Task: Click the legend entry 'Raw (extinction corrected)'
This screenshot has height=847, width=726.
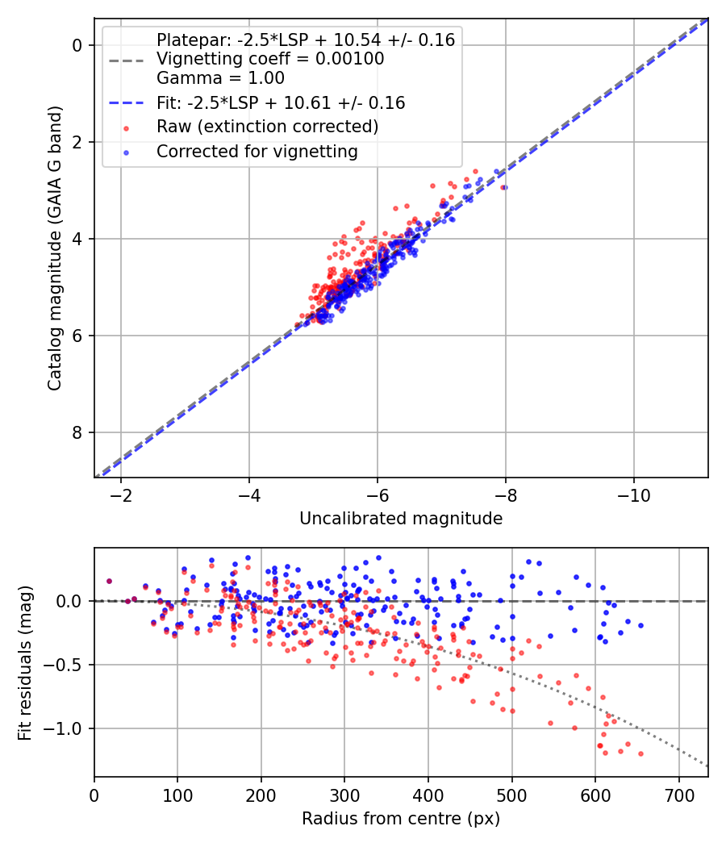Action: (267, 127)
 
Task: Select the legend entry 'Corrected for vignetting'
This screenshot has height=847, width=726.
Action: (257, 151)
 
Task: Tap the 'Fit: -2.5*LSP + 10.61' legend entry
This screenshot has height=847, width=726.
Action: (280, 103)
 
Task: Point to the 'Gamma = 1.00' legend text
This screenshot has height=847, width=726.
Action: (220, 78)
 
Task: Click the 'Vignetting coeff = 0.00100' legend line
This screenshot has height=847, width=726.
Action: (269, 59)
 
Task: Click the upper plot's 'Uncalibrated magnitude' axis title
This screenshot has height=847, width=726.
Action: (401, 519)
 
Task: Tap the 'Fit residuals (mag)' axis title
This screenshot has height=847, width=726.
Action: (25, 662)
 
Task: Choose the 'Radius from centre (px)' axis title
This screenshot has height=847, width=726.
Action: (401, 819)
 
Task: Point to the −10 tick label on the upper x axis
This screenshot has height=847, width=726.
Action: (633, 494)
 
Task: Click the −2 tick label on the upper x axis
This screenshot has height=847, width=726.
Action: (121, 494)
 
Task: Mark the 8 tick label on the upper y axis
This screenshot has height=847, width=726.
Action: (77, 432)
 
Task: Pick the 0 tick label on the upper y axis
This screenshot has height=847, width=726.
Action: (77, 45)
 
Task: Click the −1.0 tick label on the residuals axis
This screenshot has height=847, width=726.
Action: (68, 728)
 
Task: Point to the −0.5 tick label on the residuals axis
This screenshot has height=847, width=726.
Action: (68, 665)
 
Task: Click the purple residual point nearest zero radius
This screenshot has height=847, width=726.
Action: (109, 581)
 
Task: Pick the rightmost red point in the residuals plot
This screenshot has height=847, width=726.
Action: (640, 753)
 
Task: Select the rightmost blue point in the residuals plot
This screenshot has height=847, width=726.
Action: (640, 625)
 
